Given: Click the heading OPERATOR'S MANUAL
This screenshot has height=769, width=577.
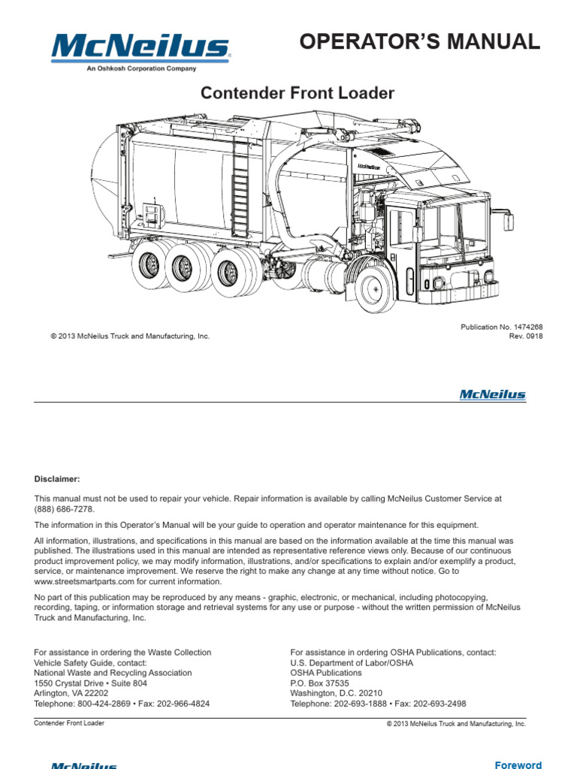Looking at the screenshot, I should pyautogui.click(x=419, y=42).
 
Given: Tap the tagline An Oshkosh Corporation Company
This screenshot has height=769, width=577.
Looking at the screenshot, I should pyautogui.click(x=140, y=68).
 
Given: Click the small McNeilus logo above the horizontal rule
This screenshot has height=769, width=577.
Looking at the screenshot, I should pyautogui.click(x=492, y=395).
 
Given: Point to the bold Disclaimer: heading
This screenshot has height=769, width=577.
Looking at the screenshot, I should pyautogui.click(x=56, y=479).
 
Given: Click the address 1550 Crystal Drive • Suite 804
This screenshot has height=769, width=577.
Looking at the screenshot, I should pyautogui.click(x=91, y=684).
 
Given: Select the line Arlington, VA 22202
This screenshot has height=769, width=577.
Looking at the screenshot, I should pyautogui.click(x=71, y=694).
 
